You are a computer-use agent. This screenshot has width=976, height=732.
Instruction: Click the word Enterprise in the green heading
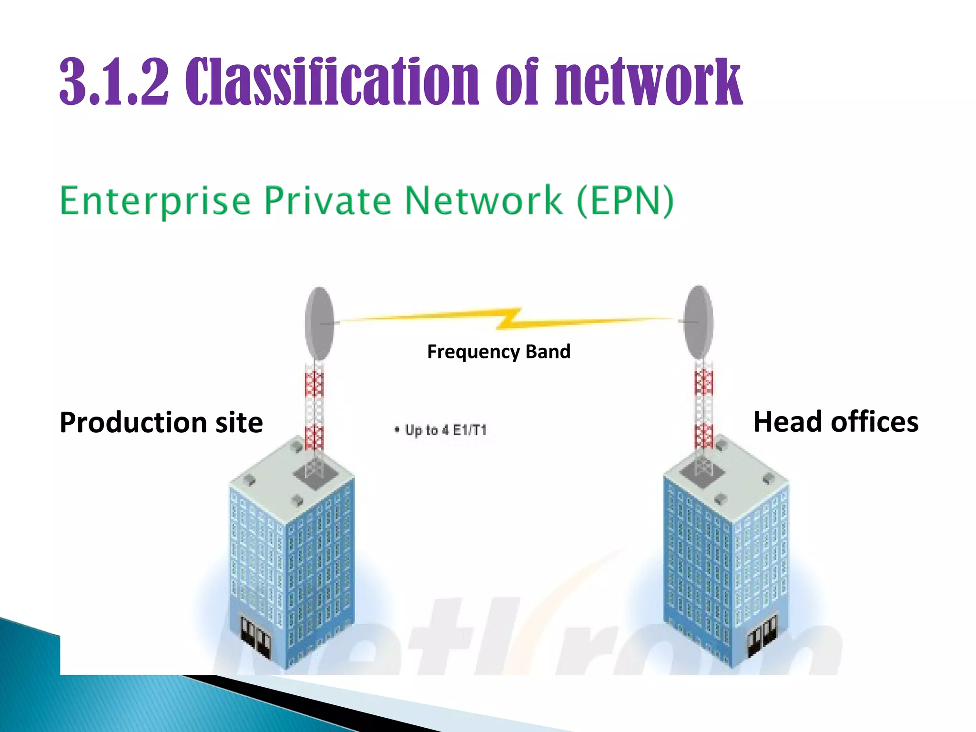point(155,201)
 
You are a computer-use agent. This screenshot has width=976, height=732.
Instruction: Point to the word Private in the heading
point(327,200)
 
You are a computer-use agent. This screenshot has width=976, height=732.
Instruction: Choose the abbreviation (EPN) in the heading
point(625,201)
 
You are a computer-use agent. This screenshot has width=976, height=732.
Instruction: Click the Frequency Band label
point(498,352)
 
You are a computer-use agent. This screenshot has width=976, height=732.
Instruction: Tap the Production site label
point(161,422)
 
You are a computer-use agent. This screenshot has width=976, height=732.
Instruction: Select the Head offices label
point(835,422)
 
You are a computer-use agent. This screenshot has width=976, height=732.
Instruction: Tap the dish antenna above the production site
point(319,323)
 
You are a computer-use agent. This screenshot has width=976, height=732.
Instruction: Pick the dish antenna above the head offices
point(699,322)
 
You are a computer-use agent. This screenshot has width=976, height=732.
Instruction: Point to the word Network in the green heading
point(483,200)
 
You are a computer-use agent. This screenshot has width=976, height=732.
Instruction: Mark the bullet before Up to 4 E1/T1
point(396,430)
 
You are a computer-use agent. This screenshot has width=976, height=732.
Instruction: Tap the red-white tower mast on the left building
point(314,405)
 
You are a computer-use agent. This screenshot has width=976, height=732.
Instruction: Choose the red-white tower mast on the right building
point(704,405)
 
